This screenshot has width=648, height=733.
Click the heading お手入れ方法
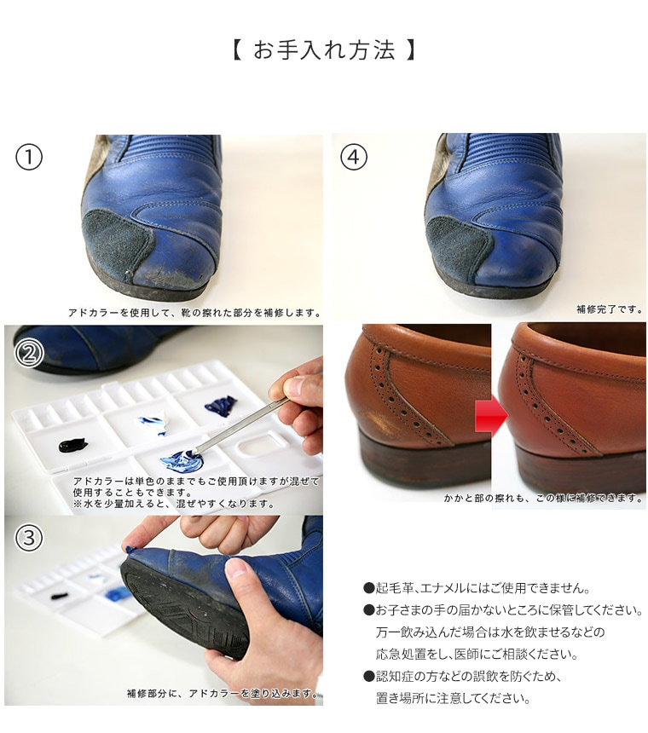(x=324, y=50)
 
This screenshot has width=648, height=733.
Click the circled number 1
(x=29, y=157)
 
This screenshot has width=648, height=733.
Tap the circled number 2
(x=29, y=354)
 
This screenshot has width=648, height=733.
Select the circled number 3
(x=29, y=538)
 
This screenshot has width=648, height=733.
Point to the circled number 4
(x=354, y=157)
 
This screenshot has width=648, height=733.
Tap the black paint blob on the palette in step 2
(x=73, y=445)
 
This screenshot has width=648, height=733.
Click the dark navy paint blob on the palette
(x=221, y=406)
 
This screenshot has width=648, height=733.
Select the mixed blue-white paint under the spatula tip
(x=182, y=460)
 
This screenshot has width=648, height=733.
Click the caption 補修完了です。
(x=610, y=309)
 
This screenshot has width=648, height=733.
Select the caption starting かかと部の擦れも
(x=543, y=499)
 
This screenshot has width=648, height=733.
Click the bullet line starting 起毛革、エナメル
(x=477, y=587)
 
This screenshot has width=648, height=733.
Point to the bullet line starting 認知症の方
(x=463, y=676)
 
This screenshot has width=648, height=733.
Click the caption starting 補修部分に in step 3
(x=222, y=694)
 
